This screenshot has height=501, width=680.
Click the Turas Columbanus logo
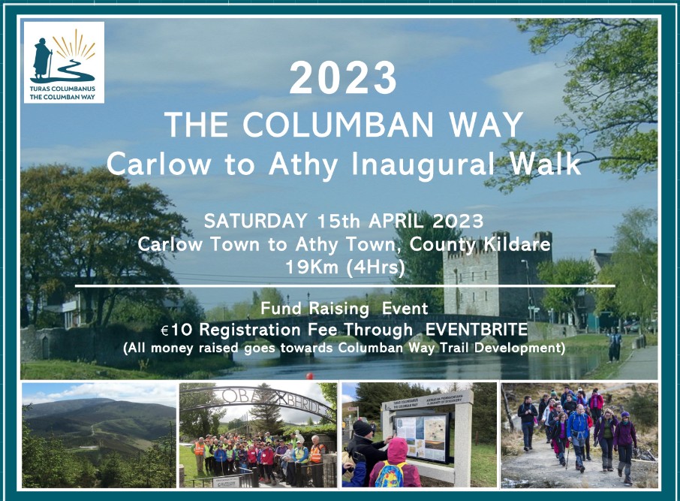point(64,62)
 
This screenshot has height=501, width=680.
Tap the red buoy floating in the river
point(307,375)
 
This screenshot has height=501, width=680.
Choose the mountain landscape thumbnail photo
point(98,436)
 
